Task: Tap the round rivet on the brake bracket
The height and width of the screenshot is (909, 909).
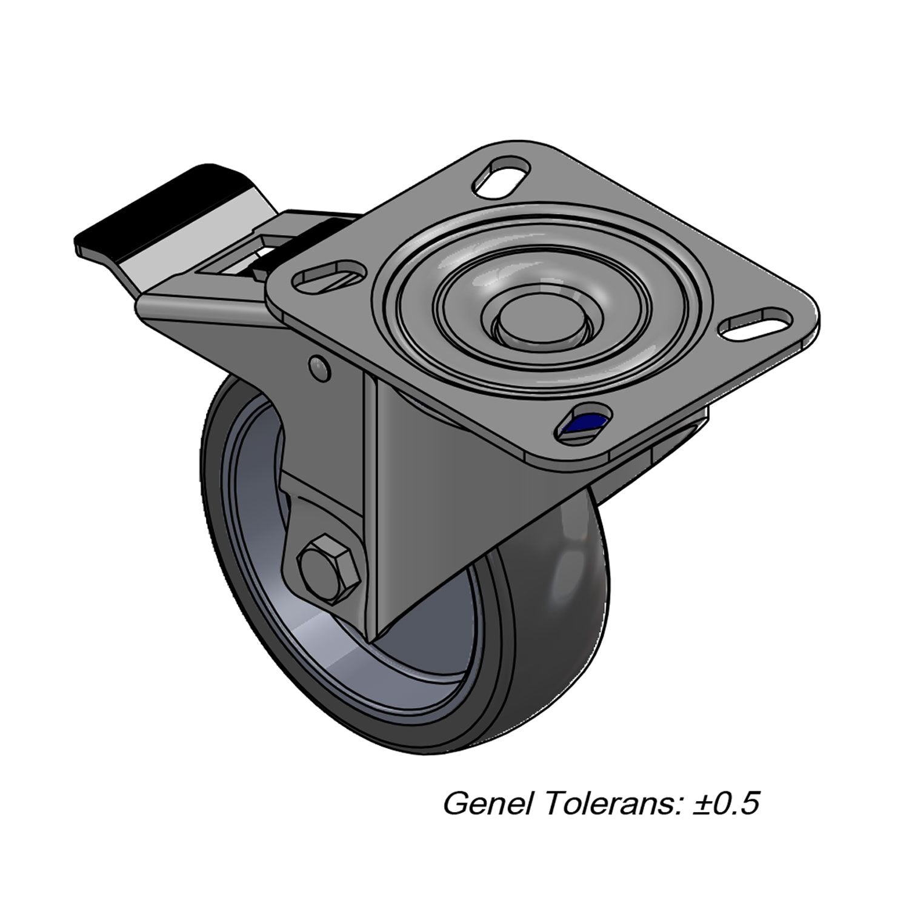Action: click(x=319, y=367)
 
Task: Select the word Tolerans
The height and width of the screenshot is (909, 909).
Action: click(x=612, y=804)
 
